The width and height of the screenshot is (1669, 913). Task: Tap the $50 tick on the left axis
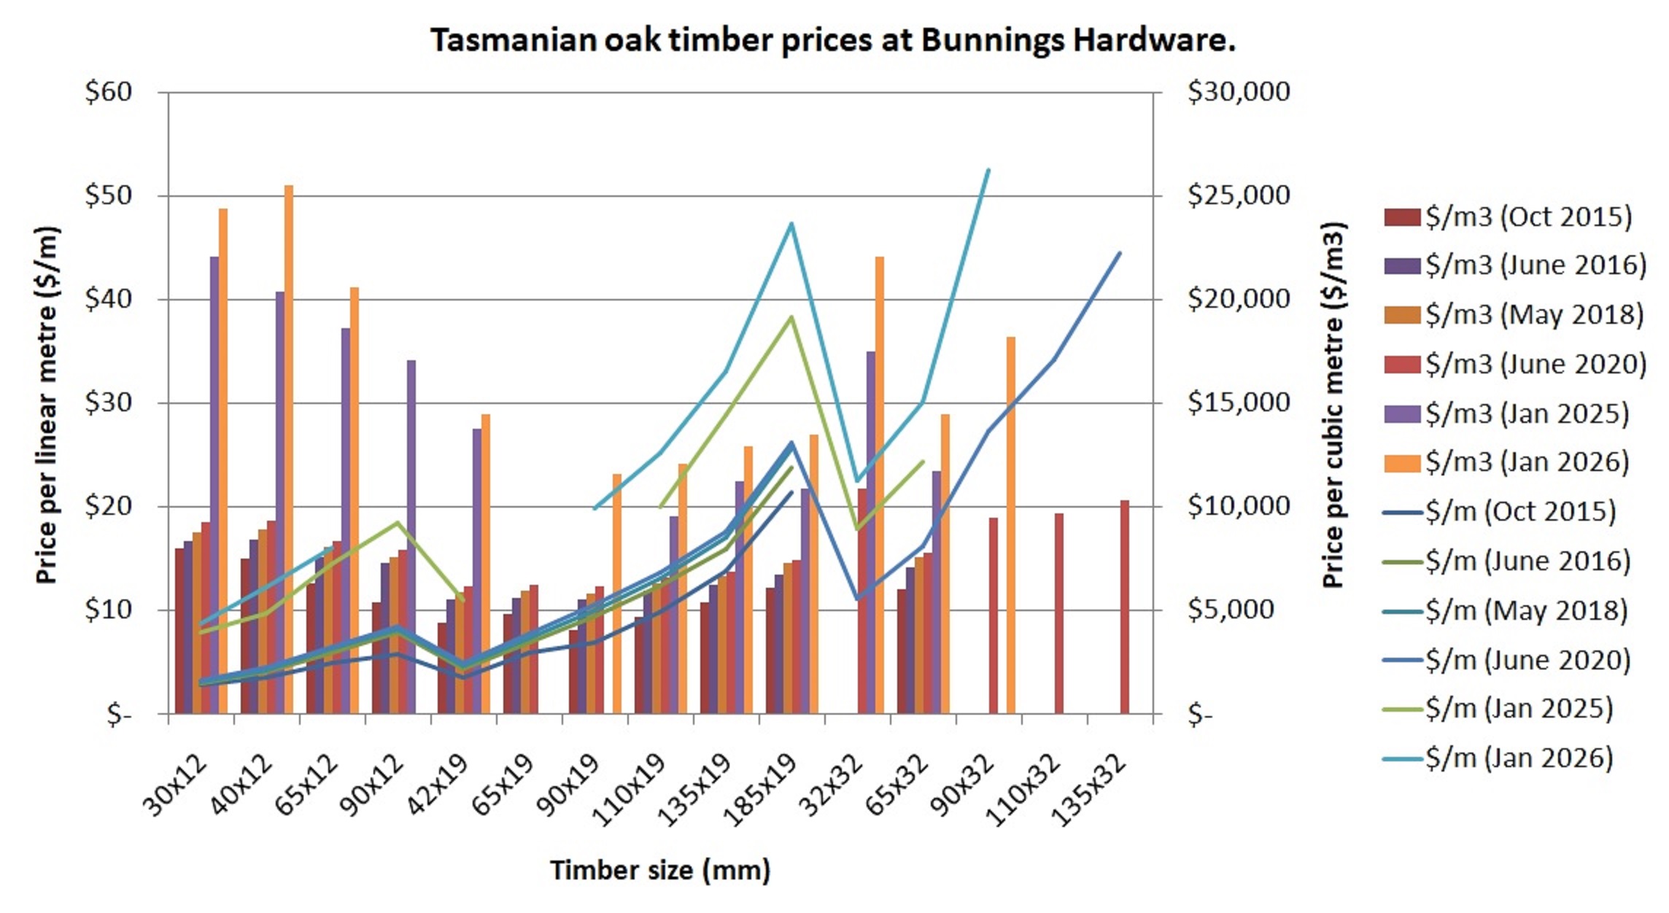pos(108,195)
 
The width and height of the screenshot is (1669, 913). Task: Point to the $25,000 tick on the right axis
pos(1239,195)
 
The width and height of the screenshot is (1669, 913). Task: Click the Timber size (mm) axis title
pos(660,870)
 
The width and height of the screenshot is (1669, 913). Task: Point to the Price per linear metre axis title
pos(46,405)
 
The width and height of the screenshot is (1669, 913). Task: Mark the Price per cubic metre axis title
pos(1333,405)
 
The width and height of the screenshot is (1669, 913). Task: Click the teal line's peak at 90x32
pos(988,170)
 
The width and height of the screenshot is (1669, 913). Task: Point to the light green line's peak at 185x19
pos(791,316)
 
